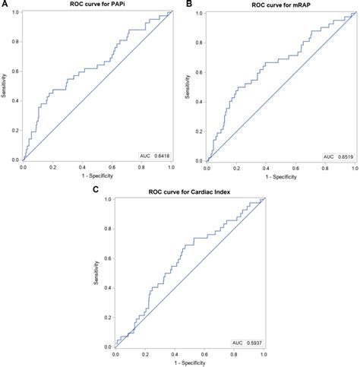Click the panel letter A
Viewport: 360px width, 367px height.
(x=5, y=5)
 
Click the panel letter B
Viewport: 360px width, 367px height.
(x=189, y=5)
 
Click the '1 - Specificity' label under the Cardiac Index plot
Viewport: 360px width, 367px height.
(x=190, y=363)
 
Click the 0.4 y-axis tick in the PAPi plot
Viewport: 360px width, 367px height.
(x=14, y=101)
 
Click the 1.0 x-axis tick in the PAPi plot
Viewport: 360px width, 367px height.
(x=170, y=168)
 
